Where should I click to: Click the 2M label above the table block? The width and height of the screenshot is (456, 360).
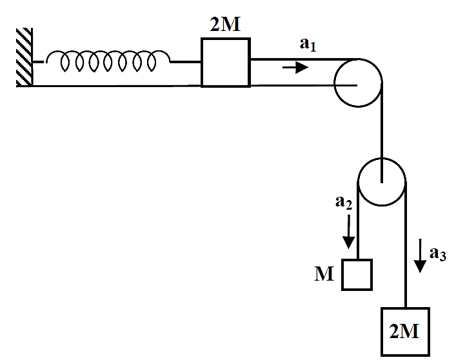coord(225,25)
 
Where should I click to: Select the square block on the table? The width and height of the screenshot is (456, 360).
coord(226,62)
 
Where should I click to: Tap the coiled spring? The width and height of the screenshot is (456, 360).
coord(108,61)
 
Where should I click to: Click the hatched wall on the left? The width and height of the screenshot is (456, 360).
coord(24,57)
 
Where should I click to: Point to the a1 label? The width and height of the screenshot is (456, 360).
coord(308,45)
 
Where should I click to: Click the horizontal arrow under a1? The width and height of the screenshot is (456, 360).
coord(295,68)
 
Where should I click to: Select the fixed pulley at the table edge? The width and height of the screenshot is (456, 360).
coord(358,83)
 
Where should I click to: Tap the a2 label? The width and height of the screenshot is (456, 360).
coord(344,202)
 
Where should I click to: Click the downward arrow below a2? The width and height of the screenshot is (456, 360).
coord(348,232)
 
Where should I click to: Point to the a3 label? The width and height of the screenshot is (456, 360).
coord(438,254)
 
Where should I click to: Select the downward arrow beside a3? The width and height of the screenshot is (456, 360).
coord(420,255)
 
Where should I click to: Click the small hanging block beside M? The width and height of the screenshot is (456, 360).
coord(357,275)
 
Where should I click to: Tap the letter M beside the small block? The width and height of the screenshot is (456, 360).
coord(324,274)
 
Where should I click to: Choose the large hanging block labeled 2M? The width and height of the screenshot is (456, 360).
coord(406,332)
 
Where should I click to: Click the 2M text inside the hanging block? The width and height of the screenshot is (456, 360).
coord(404,331)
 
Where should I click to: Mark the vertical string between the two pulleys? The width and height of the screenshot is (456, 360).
coord(382,132)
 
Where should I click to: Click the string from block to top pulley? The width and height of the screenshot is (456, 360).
coord(304,59)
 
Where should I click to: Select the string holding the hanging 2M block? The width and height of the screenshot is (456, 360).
coord(406,245)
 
